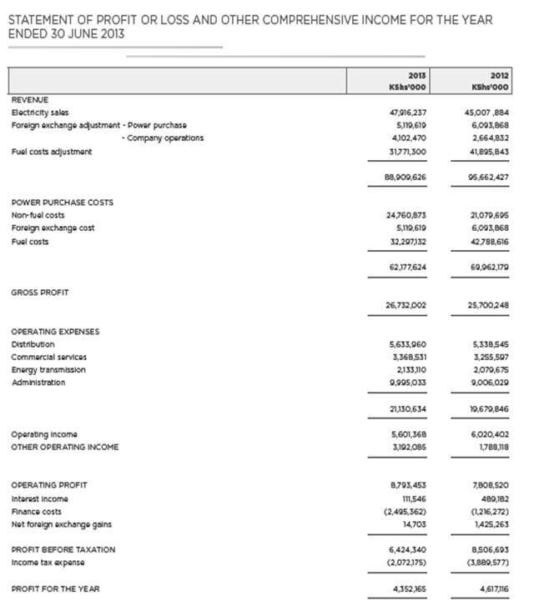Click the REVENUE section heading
coord(30,99)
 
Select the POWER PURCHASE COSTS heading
coord(62,202)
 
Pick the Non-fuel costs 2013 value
coord(408,215)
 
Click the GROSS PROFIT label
coord(40,293)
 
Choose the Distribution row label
coord(33,344)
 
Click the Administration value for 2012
coord(490,383)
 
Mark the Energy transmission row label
coord(48,370)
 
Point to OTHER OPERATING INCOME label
coord(65,447)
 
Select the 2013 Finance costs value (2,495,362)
coord(408,511)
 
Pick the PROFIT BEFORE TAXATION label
coord(63,550)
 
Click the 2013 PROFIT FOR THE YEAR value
coord(408,589)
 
